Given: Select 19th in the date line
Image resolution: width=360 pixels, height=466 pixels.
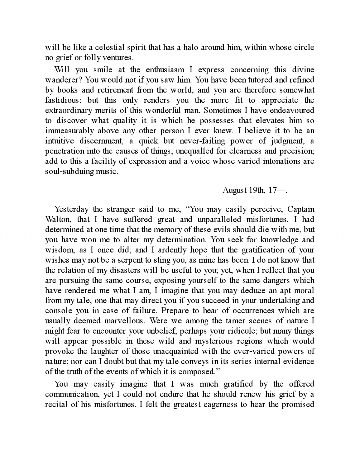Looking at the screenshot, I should (257, 190).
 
